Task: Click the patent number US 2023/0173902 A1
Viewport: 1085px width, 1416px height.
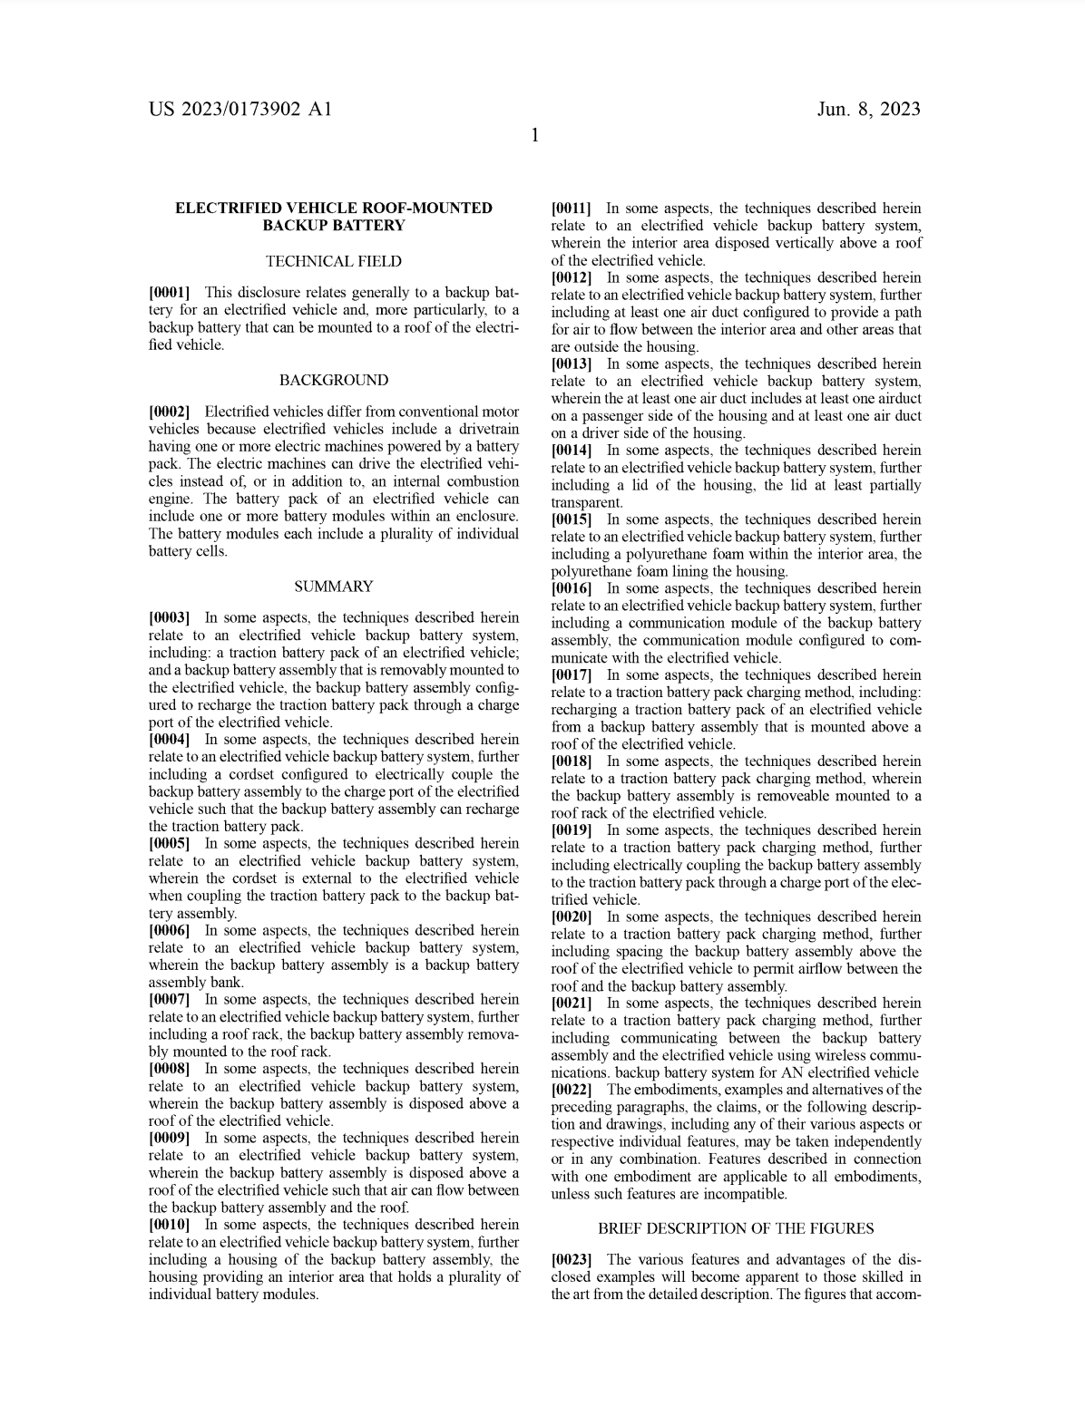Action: click(x=240, y=110)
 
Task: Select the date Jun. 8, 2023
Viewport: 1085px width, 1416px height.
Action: click(x=868, y=110)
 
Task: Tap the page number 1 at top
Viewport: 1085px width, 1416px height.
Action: click(x=535, y=136)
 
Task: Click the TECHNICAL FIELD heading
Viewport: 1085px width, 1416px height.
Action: click(x=333, y=261)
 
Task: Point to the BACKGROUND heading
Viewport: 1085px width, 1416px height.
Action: click(x=333, y=380)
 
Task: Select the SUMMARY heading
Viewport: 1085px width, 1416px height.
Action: click(x=333, y=587)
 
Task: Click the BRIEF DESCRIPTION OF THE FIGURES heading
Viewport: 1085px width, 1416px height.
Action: click(x=736, y=1228)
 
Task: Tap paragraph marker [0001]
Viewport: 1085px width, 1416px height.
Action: click(x=170, y=292)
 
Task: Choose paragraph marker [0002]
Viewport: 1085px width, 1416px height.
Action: click(x=170, y=412)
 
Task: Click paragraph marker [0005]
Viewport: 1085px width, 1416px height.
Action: click(x=170, y=843)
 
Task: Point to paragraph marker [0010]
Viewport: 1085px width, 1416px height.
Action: click(x=170, y=1225)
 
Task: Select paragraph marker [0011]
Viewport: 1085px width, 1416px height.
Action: click(x=572, y=209)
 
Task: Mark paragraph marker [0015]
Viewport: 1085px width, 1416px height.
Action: click(x=572, y=519)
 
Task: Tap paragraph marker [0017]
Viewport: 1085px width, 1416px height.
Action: click(x=572, y=674)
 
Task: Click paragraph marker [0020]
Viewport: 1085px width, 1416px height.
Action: click(x=572, y=917)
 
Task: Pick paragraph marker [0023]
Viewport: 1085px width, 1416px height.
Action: click(x=572, y=1260)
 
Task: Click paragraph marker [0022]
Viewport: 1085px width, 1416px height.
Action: click(x=572, y=1090)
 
